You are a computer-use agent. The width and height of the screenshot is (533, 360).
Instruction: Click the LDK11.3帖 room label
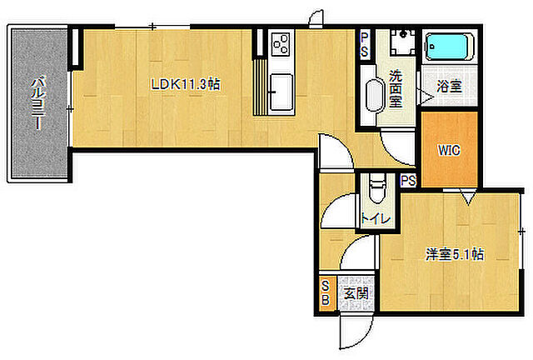[186, 84]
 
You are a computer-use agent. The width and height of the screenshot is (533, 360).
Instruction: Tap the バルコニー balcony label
[38, 104]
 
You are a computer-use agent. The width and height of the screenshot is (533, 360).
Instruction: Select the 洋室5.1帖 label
[456, 254]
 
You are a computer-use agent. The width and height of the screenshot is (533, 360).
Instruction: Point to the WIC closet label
[449, 150]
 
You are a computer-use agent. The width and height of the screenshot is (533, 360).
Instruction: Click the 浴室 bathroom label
[449, 86]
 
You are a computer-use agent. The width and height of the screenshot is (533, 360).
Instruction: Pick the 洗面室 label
[396, 89]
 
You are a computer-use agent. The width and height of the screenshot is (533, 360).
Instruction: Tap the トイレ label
[376, 218]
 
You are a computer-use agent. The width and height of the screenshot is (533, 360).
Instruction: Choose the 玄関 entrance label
[356, 293]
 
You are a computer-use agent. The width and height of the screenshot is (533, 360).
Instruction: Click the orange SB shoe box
[326, 292]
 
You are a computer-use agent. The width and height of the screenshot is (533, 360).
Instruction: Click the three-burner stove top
[281, 43]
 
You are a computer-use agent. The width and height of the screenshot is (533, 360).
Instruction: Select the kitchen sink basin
[281, 92]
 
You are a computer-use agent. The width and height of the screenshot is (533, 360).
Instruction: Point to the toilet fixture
[376, 190]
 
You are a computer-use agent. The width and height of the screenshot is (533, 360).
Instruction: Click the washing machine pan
[403, 42]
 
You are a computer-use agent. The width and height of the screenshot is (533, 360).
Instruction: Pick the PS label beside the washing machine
[365, 44]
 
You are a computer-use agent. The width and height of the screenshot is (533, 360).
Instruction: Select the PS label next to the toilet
[408, 180]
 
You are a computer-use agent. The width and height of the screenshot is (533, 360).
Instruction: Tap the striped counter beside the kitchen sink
[261, 87]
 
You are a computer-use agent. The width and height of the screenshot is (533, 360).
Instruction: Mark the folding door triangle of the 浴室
[427, 97]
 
